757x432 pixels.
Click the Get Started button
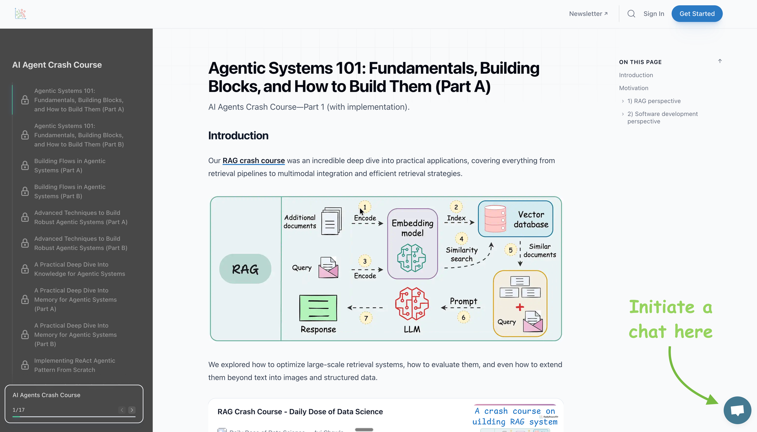pos(697,14)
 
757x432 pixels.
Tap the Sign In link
pos(654,14)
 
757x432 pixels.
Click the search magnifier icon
pos(631,14)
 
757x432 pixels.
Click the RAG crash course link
pos(254,161)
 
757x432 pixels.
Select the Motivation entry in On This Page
pos(634,88)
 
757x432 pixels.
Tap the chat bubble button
pos(737,410)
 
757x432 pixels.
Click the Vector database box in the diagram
pos(516,219)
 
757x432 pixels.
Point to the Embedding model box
pos(413,243)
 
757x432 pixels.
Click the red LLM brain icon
pos(412,303)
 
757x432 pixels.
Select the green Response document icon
pos(318,308)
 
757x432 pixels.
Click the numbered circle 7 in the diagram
pos(366,318)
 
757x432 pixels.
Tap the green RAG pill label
pos(245,269)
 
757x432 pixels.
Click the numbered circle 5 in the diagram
pos(511,250)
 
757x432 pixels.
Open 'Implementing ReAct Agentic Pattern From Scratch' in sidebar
pos(75,365)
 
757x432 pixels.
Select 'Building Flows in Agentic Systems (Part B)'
pos(70,191)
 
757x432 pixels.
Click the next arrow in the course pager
pos(132,410)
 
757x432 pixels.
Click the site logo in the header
pos(20,14)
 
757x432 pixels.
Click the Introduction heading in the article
pos(238,136)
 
